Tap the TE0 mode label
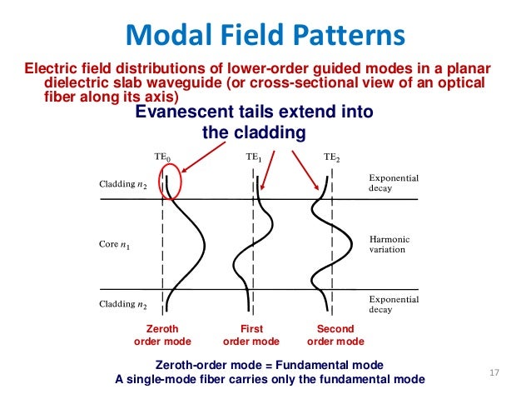point(163,156)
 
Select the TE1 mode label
point(255,156)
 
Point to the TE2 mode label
point(332,156)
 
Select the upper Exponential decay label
point(393,182)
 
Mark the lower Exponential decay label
point(393,302)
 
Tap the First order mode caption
point(251,335)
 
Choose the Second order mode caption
point(335,335)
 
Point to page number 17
point(494,371)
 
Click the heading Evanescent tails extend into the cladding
point(255,122)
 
